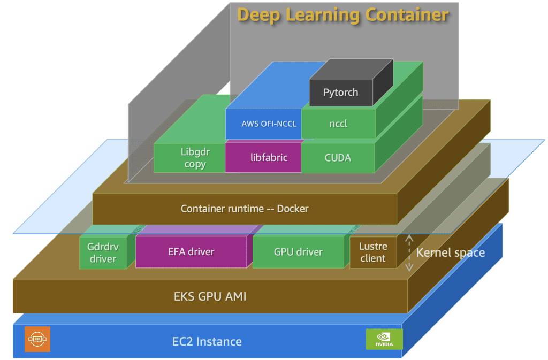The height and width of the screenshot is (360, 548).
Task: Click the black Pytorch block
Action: (x=341, y=93)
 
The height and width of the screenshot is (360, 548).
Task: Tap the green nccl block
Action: (x=338, y=124)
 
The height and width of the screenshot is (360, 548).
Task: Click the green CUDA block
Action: (x=338, y=158)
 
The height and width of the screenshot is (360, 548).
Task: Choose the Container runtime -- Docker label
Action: (x=245, y=209)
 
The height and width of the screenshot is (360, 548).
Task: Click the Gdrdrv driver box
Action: (x=103, y=252)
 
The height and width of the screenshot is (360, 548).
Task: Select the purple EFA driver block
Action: (x=191, y=251)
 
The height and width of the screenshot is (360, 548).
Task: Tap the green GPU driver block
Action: (x=298, y=251)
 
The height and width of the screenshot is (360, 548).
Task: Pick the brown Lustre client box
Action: (x=372, y=252)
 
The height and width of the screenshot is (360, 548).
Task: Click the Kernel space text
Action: (x=451, y=252)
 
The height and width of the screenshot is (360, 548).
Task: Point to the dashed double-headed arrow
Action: (x=409, y=252)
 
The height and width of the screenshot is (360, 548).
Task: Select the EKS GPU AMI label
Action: (x=210, y=296)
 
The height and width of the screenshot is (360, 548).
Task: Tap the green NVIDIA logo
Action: (x=384, y=339)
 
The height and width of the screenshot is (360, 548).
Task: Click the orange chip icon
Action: (x=37, y=339)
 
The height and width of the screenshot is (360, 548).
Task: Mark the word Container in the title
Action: (x=407, y=14)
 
